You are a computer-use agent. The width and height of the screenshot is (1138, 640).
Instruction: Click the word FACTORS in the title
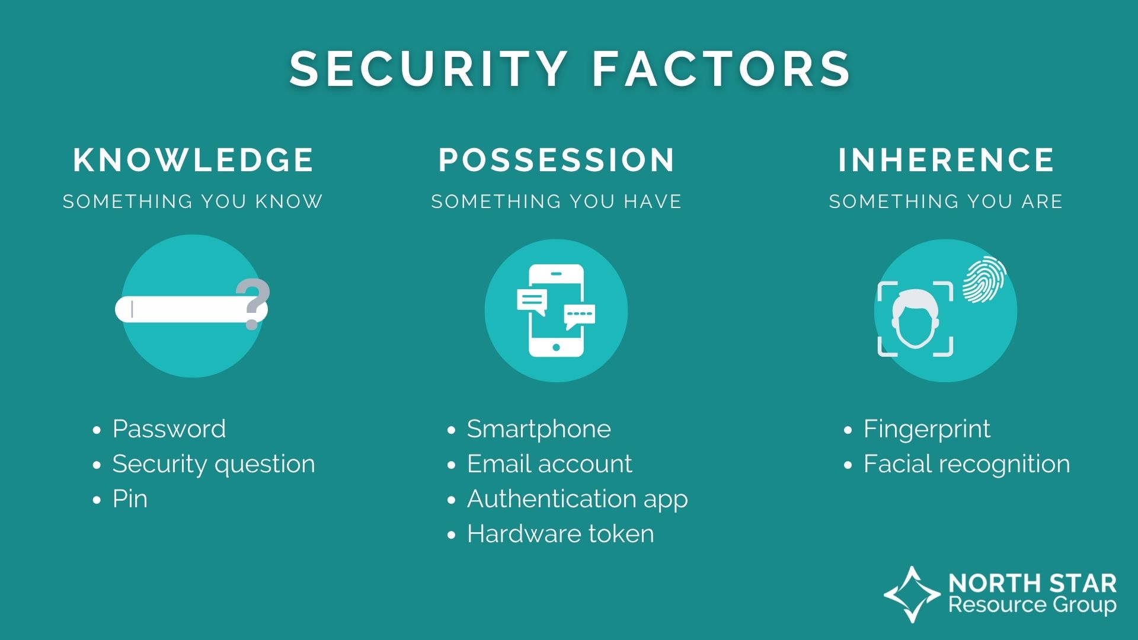(x=721, y=69)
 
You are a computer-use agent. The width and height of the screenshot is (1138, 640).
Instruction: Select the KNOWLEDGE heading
(x=193, y=160)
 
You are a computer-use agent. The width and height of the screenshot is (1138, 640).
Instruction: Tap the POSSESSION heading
(x=557, y=160)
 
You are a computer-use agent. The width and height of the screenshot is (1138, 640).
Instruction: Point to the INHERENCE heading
(x=946, y=160)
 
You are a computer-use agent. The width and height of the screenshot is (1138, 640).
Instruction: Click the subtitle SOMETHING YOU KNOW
(x=193, y=201)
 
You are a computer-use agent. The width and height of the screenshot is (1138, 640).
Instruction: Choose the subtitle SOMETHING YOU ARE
(x=945, y=201)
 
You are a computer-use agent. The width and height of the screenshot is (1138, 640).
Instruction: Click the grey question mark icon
(x=253, y=302)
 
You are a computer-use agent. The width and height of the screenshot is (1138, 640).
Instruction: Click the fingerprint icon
(x=984, y=279)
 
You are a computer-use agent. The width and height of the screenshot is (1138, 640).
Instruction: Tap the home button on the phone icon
(x=556, y=347)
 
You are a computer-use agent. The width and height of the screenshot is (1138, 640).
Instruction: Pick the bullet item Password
(x=169, y=429)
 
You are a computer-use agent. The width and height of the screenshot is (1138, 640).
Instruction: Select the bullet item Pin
(x=130, y=499)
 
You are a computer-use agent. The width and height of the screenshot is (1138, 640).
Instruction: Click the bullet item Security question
(x=213, y=464)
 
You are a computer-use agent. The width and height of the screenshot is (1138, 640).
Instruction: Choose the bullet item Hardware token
(x=560, y=534)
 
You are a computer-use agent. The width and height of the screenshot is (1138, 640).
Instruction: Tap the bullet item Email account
(x=549, y=464)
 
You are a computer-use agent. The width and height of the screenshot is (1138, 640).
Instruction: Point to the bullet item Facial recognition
(x=966, y=464)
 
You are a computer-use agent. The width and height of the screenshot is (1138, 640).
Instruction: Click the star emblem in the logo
(x=912, y=594)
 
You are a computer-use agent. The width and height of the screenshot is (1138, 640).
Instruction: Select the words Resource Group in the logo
(x=1032, y=605)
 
